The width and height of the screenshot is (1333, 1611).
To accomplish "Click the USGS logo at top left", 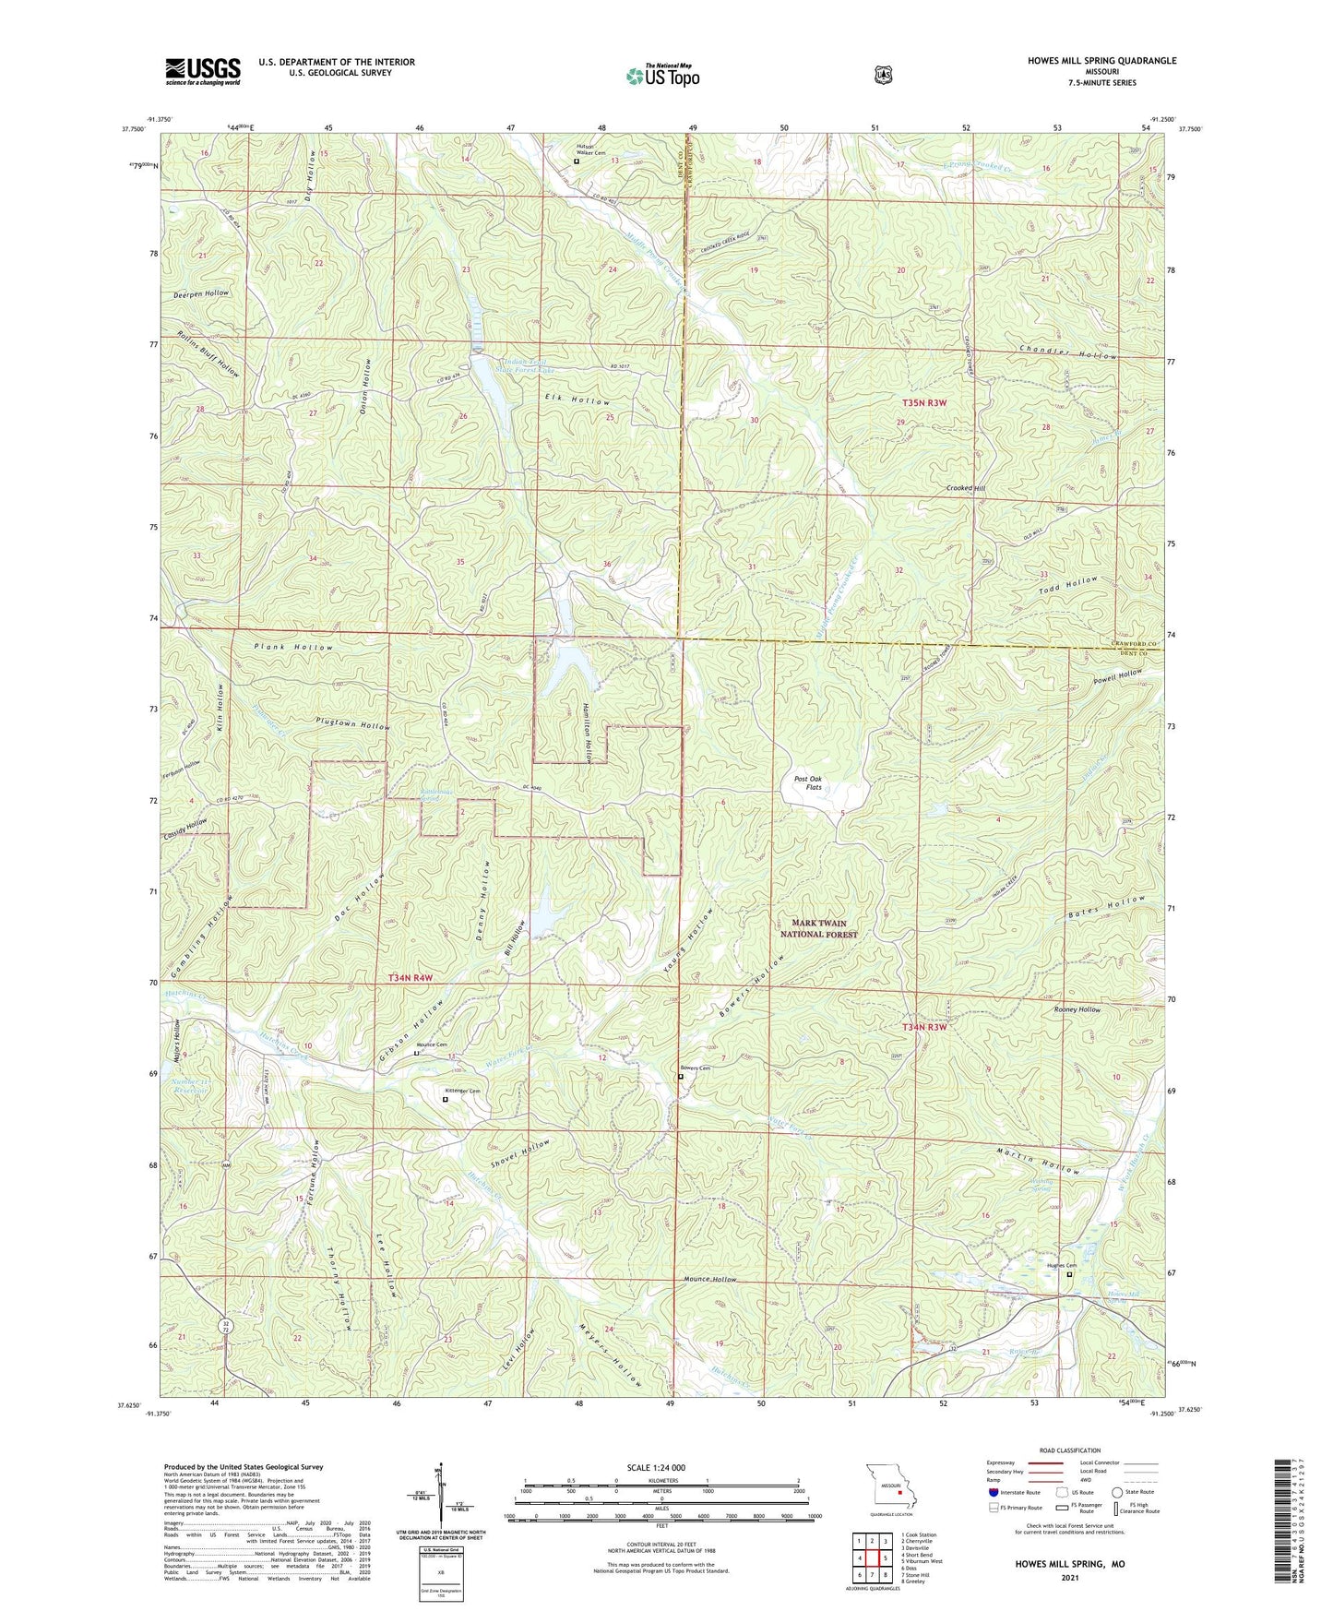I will click(x=203, y=70).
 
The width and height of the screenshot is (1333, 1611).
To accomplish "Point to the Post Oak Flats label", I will click(x=807, y=782).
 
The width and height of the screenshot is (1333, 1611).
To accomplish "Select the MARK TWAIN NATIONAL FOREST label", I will click(x=819, y=928).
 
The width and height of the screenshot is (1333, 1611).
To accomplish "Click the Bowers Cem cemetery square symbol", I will click(x=681, y=1077).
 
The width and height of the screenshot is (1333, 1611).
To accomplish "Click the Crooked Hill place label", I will click(x=965, y=488).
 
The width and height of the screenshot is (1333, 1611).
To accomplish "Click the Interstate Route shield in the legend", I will click(x=993, y=1492).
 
